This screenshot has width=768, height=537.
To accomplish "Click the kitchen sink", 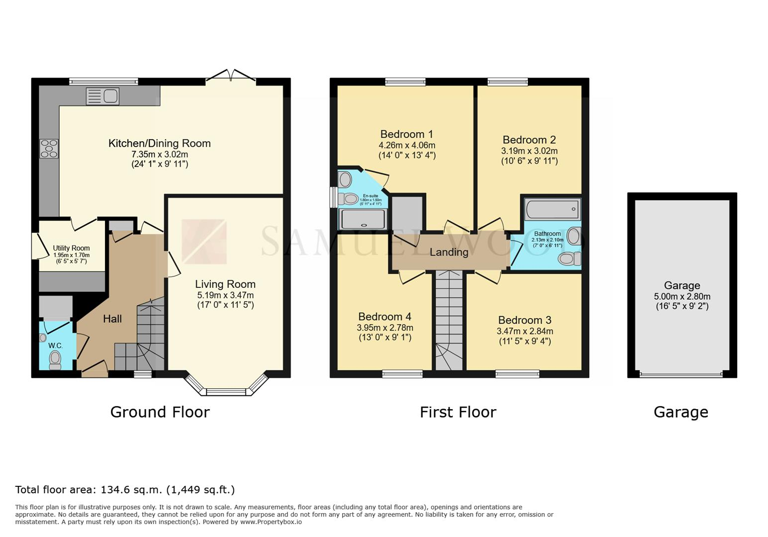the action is point(102,96).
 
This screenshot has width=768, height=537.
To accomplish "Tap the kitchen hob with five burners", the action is point(49,149).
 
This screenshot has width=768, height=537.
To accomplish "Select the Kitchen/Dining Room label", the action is point(160,143).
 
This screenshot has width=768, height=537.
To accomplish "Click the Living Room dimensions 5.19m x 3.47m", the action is point(225,295).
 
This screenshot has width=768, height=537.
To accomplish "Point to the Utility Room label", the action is point(71,248).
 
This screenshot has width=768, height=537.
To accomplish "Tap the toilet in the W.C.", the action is point(55,360).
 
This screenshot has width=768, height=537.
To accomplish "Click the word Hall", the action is point(112,319).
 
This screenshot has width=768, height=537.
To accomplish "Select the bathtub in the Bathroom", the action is point(552,209).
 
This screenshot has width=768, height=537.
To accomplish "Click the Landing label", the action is point(449,252).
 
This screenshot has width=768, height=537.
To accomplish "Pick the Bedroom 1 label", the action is point(406,134).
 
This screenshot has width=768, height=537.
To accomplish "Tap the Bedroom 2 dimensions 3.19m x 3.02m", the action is point(529,151).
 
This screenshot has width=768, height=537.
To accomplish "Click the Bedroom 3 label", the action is point(525,320).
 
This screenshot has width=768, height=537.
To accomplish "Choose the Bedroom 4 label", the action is point(384,316).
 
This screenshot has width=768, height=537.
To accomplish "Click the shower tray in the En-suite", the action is point(363,219).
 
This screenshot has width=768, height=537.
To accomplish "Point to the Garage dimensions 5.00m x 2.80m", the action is point(682,296).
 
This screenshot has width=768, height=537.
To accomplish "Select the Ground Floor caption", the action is point(160,412).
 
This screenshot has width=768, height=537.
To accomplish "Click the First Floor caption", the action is point(458,412).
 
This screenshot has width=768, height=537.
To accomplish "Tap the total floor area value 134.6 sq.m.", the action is point(131,490).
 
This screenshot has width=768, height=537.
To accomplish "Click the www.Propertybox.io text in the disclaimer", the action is point(271,522).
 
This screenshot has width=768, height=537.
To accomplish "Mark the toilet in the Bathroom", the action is point(569,259).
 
